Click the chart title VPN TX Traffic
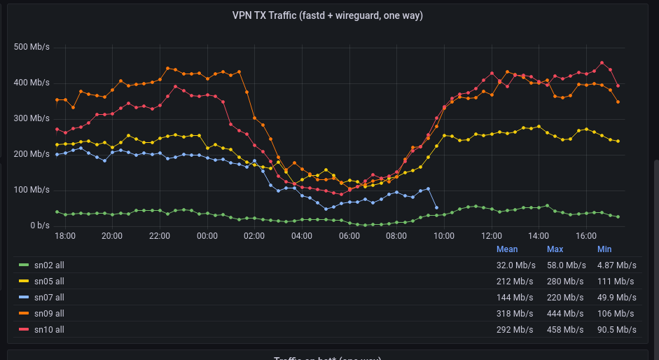[x=327, y=15]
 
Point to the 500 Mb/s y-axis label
[x=32, y=47]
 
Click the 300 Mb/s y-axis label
[x=32, y=118]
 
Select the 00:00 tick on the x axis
[x=207, y=236]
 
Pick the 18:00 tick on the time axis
[x=65, y=236]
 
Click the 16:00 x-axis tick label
[x=585, y=236]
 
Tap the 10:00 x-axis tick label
[x=443, y=236]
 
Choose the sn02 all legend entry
[x=49, y=265]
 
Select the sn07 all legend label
[x=49, y=297]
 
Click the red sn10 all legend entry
[x=49, y=329]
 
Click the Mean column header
[x=507, y=249]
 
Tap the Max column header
[x=555, y=249]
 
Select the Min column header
[x=604, y=249]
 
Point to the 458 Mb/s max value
[x=566, y=329]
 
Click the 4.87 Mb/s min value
[x=616, y=265]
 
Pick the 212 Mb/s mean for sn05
[x=516, y=281]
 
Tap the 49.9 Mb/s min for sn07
[x=616, y=297]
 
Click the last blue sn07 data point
[x=436, y=207]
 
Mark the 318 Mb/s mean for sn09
[x=516, y=313]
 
